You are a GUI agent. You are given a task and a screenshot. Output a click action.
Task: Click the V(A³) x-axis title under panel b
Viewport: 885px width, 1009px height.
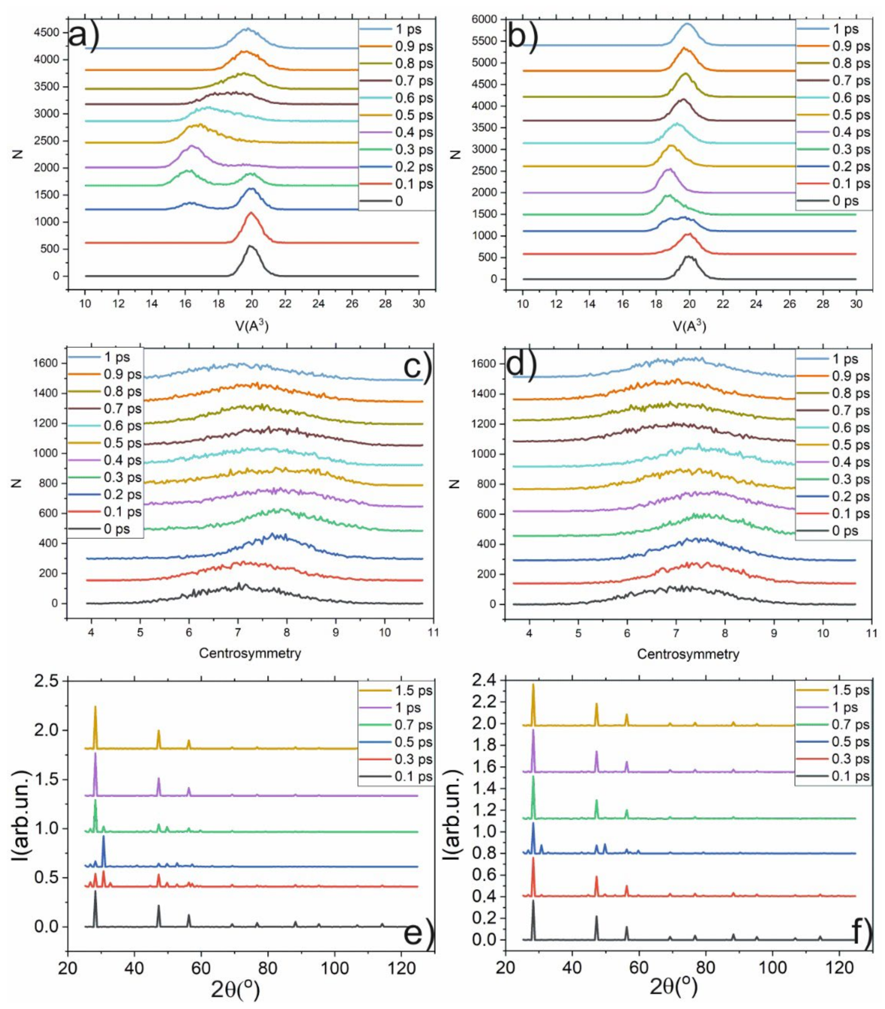688,326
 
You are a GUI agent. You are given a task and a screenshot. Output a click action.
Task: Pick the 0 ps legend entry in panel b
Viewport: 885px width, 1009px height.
845,201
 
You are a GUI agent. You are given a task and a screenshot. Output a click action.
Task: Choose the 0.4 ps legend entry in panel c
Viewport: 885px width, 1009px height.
122,461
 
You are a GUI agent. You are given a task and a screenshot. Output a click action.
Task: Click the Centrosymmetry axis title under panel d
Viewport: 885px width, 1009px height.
688,654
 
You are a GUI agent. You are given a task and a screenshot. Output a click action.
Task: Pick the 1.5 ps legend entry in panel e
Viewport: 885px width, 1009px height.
413,691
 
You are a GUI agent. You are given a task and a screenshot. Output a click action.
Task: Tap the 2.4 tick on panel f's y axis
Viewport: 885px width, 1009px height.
485,680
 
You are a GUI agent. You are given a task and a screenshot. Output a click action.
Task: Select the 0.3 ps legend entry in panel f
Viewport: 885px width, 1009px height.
850,759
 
